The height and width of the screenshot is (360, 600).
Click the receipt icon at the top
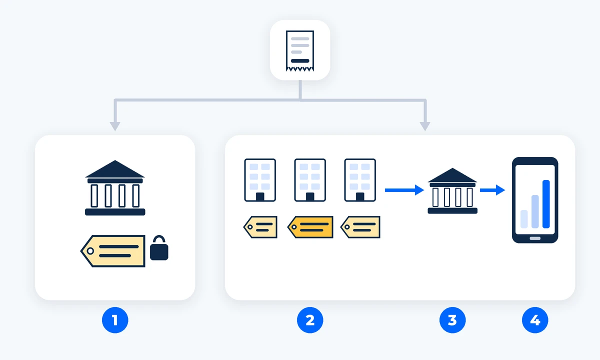point(300,51)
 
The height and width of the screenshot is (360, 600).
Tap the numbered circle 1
point(115,320)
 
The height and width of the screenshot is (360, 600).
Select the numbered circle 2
point(310,320)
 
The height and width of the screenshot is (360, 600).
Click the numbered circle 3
point(452,320)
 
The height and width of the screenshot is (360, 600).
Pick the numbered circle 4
point(535,320)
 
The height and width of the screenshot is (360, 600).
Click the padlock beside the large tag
point(159,248)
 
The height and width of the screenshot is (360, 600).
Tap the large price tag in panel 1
point(113,251)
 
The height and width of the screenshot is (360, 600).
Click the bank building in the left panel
point(115,188)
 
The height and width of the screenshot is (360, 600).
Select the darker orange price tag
point(310,227)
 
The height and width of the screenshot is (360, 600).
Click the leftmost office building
point(260,180)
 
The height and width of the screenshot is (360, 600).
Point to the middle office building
point(310,180)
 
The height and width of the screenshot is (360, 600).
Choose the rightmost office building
point(360,180)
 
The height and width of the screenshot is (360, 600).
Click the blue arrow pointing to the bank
point(404,190)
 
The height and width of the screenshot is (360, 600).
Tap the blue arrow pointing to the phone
point(492,190)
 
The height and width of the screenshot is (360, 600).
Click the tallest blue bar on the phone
point(546,204)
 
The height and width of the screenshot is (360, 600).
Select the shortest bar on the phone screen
point(524,219)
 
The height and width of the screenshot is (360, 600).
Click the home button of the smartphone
point(535,238)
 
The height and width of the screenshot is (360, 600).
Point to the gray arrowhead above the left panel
point(115,126)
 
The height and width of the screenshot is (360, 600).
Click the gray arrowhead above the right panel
point(425,126)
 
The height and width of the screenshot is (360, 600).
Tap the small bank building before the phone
point(452,190)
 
